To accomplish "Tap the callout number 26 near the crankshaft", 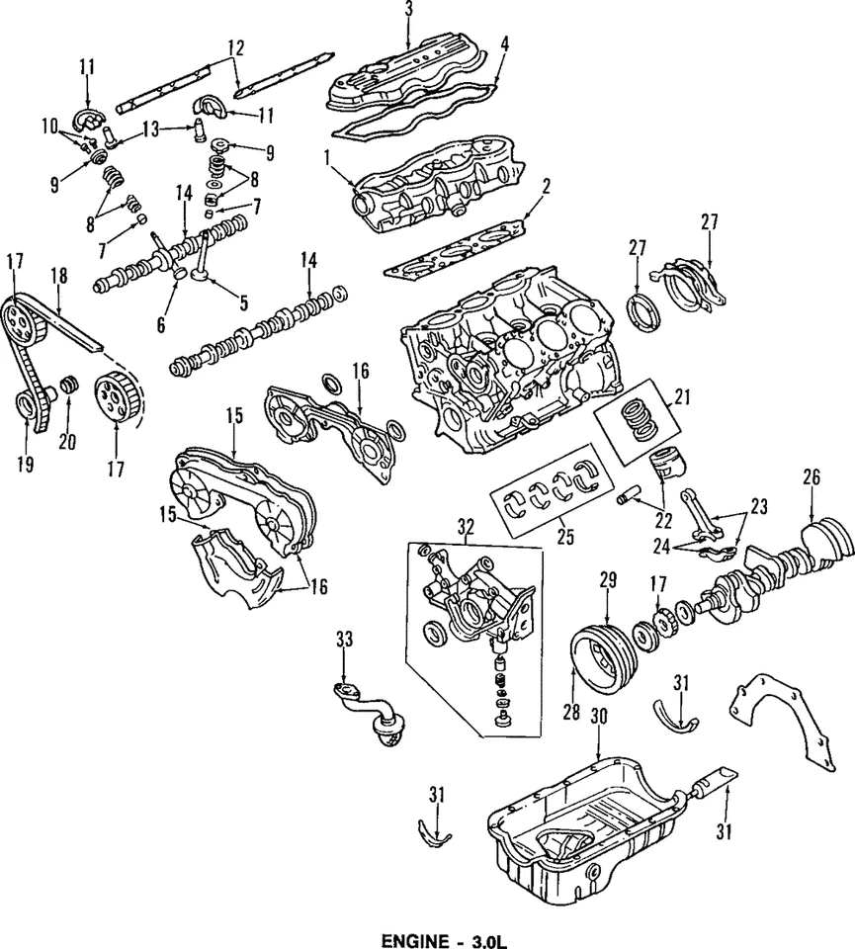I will click(812, 477).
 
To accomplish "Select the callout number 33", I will click(343, 641).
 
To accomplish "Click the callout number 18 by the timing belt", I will click(58, 277).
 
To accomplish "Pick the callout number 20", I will click(66, 442).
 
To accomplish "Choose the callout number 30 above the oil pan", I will click(596, 715).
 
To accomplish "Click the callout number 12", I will click(234, 46).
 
